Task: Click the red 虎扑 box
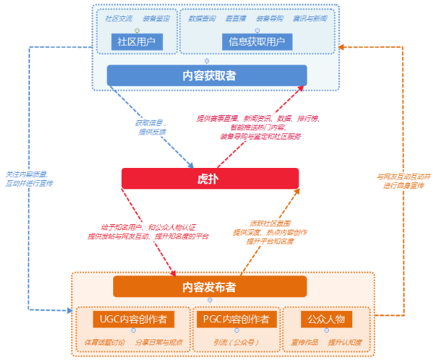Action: tap(209, 178)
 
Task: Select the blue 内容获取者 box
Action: tap(206, 75)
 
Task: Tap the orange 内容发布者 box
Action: tap(209, 287)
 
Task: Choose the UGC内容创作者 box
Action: tap(134, 319)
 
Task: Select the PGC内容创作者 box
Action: tap(235, 319)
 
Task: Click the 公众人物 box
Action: tap(326, 319)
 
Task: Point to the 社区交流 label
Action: tap(118, 18)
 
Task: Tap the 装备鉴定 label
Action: tap(156, 18)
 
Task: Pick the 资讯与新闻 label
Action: tap(310, 18)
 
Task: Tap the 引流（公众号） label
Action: tap(234, 342)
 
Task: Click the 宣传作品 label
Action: tap(305, 342)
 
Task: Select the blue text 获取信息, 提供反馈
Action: tap(152, 127)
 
